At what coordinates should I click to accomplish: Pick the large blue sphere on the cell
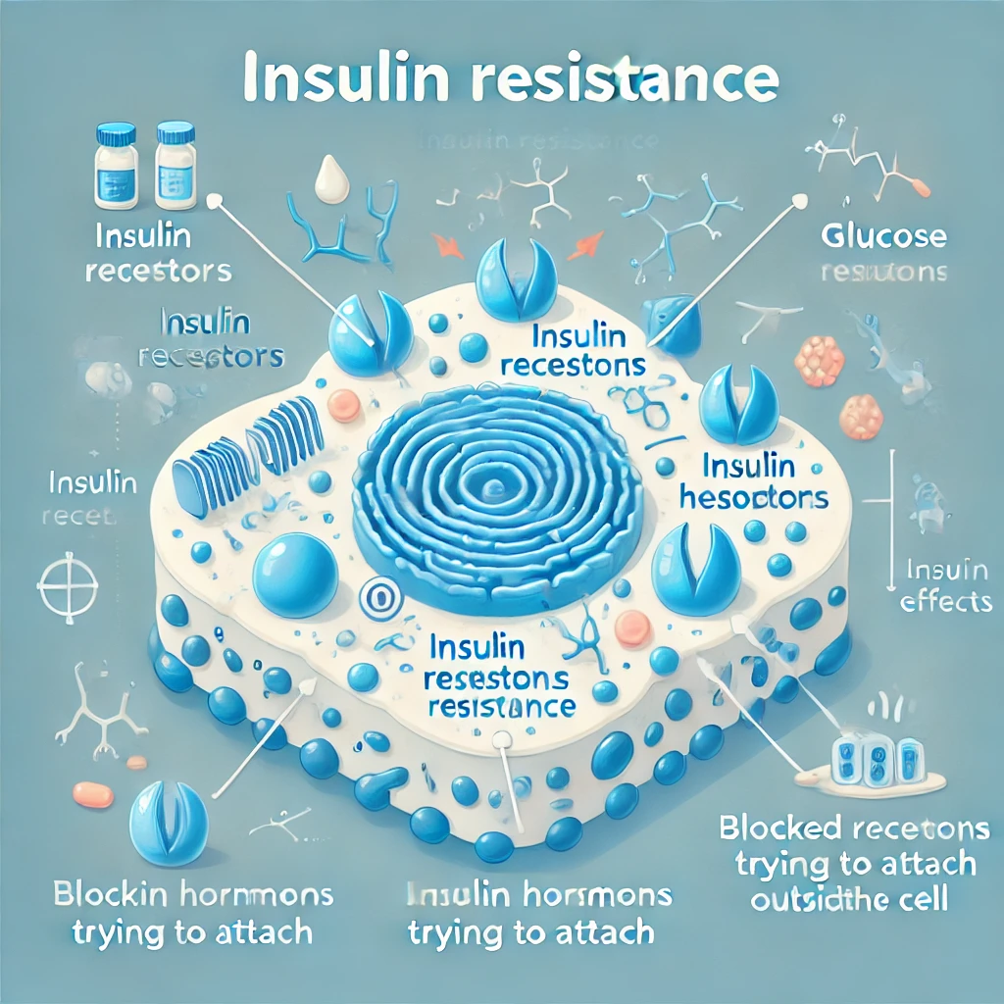pyautogui.click(x=295, y=575)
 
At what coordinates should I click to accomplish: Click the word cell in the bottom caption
pyautogui.click(x=917, y=900)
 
